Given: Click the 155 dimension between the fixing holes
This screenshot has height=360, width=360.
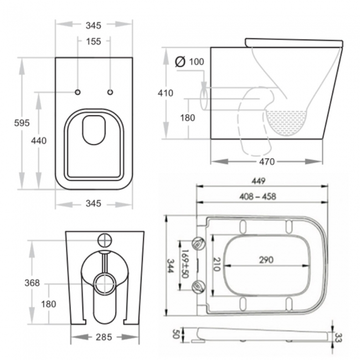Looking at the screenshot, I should pos(94,41).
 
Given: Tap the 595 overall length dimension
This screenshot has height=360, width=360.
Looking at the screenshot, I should pos(22,123).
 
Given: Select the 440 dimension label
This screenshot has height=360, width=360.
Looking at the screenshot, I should pos(38,141).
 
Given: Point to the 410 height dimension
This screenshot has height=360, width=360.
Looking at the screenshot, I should pos(166,93).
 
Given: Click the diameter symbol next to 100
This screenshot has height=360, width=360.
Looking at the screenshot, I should pos(179,61).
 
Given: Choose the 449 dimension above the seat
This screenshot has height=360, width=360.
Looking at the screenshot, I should pos(260,181).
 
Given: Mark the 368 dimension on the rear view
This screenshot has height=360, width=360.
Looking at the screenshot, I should pos(33,283).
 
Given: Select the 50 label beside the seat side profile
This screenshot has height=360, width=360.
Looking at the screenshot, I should pos(176,335).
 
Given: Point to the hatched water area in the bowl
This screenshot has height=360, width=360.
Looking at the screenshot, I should pos(286,120).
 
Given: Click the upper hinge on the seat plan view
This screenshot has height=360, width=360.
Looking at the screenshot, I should pos(199,242).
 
